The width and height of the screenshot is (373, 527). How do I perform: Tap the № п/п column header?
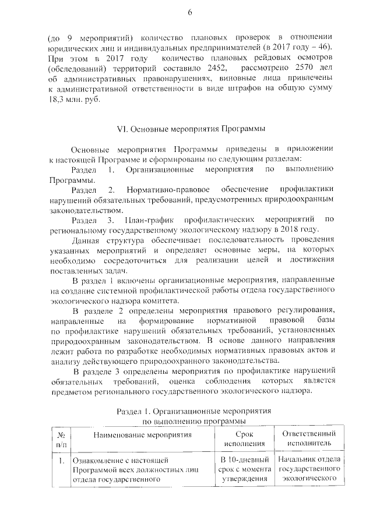pos(60,440)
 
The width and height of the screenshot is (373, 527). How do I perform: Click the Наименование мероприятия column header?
pos(142,435)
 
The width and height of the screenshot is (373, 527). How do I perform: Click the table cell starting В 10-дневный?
pos(244,469)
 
